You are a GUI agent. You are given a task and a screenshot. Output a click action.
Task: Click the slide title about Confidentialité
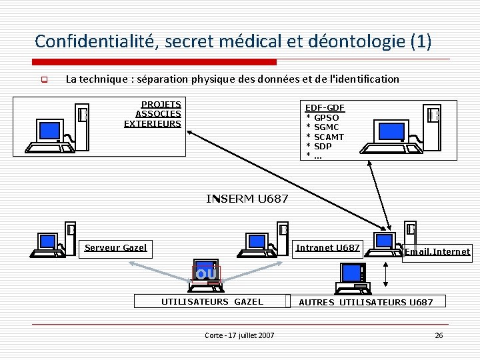[x=233, y=41]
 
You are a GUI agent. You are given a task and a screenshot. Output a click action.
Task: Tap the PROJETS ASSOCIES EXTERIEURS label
[x=153, y=114]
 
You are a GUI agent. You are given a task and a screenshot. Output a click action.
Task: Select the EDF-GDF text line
[x=325, y=108]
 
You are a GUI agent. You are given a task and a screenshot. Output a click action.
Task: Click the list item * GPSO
[x=323, y=117]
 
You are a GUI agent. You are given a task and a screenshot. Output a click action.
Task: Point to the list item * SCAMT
[x=325, y=137]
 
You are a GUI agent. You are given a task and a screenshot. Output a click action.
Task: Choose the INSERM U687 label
[x=247, y=199]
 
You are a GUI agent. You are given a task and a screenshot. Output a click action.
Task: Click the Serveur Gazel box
[x=115, y=248]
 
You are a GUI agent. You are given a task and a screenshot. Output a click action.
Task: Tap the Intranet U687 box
[x=327, y=248]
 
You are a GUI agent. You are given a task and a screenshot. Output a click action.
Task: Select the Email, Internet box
[x=437, y=252]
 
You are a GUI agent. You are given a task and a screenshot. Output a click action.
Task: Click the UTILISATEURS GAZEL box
[x=212, y=302]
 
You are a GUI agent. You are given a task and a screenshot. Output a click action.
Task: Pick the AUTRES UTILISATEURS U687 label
[x=366, y=303]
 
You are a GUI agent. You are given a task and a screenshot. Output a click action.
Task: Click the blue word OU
[x=206, y=274]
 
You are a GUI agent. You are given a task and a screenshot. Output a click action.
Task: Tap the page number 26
[x=439, y=335]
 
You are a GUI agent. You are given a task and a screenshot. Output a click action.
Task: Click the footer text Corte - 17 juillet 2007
[x=239, y=335]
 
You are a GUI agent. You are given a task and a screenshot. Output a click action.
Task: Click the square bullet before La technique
[x=45, y=80]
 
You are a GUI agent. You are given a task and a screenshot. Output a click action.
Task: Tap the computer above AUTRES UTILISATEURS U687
[x=353, y=277]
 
